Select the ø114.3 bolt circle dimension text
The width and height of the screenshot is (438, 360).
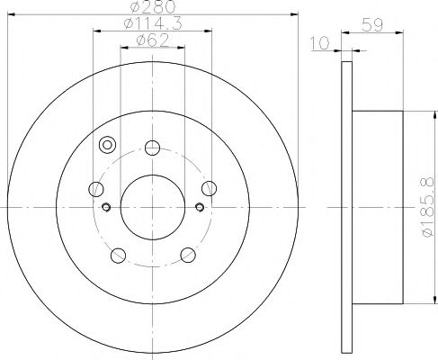(152, 24)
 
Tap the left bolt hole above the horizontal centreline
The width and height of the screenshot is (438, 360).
(95, 188)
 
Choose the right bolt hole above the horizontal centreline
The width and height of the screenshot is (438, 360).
(209, 187)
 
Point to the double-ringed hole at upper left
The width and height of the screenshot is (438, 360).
(108, 145)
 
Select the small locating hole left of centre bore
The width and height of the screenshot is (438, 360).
(106, 209)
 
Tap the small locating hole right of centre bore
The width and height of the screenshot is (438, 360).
(199, 208)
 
